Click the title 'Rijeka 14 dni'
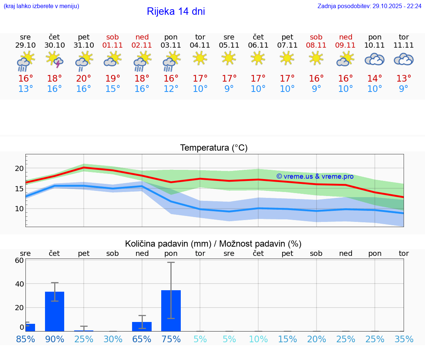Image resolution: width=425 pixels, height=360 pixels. coord(176,11)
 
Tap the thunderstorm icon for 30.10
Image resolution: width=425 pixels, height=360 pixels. coord(55,59)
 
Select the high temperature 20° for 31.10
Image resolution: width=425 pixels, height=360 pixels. coord(84,79)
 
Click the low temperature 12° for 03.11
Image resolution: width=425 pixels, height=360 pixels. coord(171,89)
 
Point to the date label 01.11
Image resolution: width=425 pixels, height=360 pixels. coord(113,45)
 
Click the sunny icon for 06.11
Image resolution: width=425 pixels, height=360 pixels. coord(258,58)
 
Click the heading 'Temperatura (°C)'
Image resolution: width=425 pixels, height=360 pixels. coord(214,148)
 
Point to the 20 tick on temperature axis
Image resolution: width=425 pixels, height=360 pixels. coord(19,168)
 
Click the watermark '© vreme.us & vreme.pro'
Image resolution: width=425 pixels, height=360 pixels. coord(315,176)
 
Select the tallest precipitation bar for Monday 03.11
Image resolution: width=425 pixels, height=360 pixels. coord(171,311)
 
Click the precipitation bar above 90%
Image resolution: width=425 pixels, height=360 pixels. coord(55,311)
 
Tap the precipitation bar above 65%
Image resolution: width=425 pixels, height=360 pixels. coord(142,326)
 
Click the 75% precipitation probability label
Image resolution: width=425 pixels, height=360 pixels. coord(171,339)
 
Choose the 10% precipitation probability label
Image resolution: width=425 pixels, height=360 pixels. coord(258,339)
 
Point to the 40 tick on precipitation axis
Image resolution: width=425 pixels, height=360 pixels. coord(19,284)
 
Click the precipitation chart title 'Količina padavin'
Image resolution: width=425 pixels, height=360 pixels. coord(213,244)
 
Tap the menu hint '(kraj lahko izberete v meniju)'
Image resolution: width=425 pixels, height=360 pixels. coord(41,6)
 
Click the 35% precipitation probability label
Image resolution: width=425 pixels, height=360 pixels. coord(404,339)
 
